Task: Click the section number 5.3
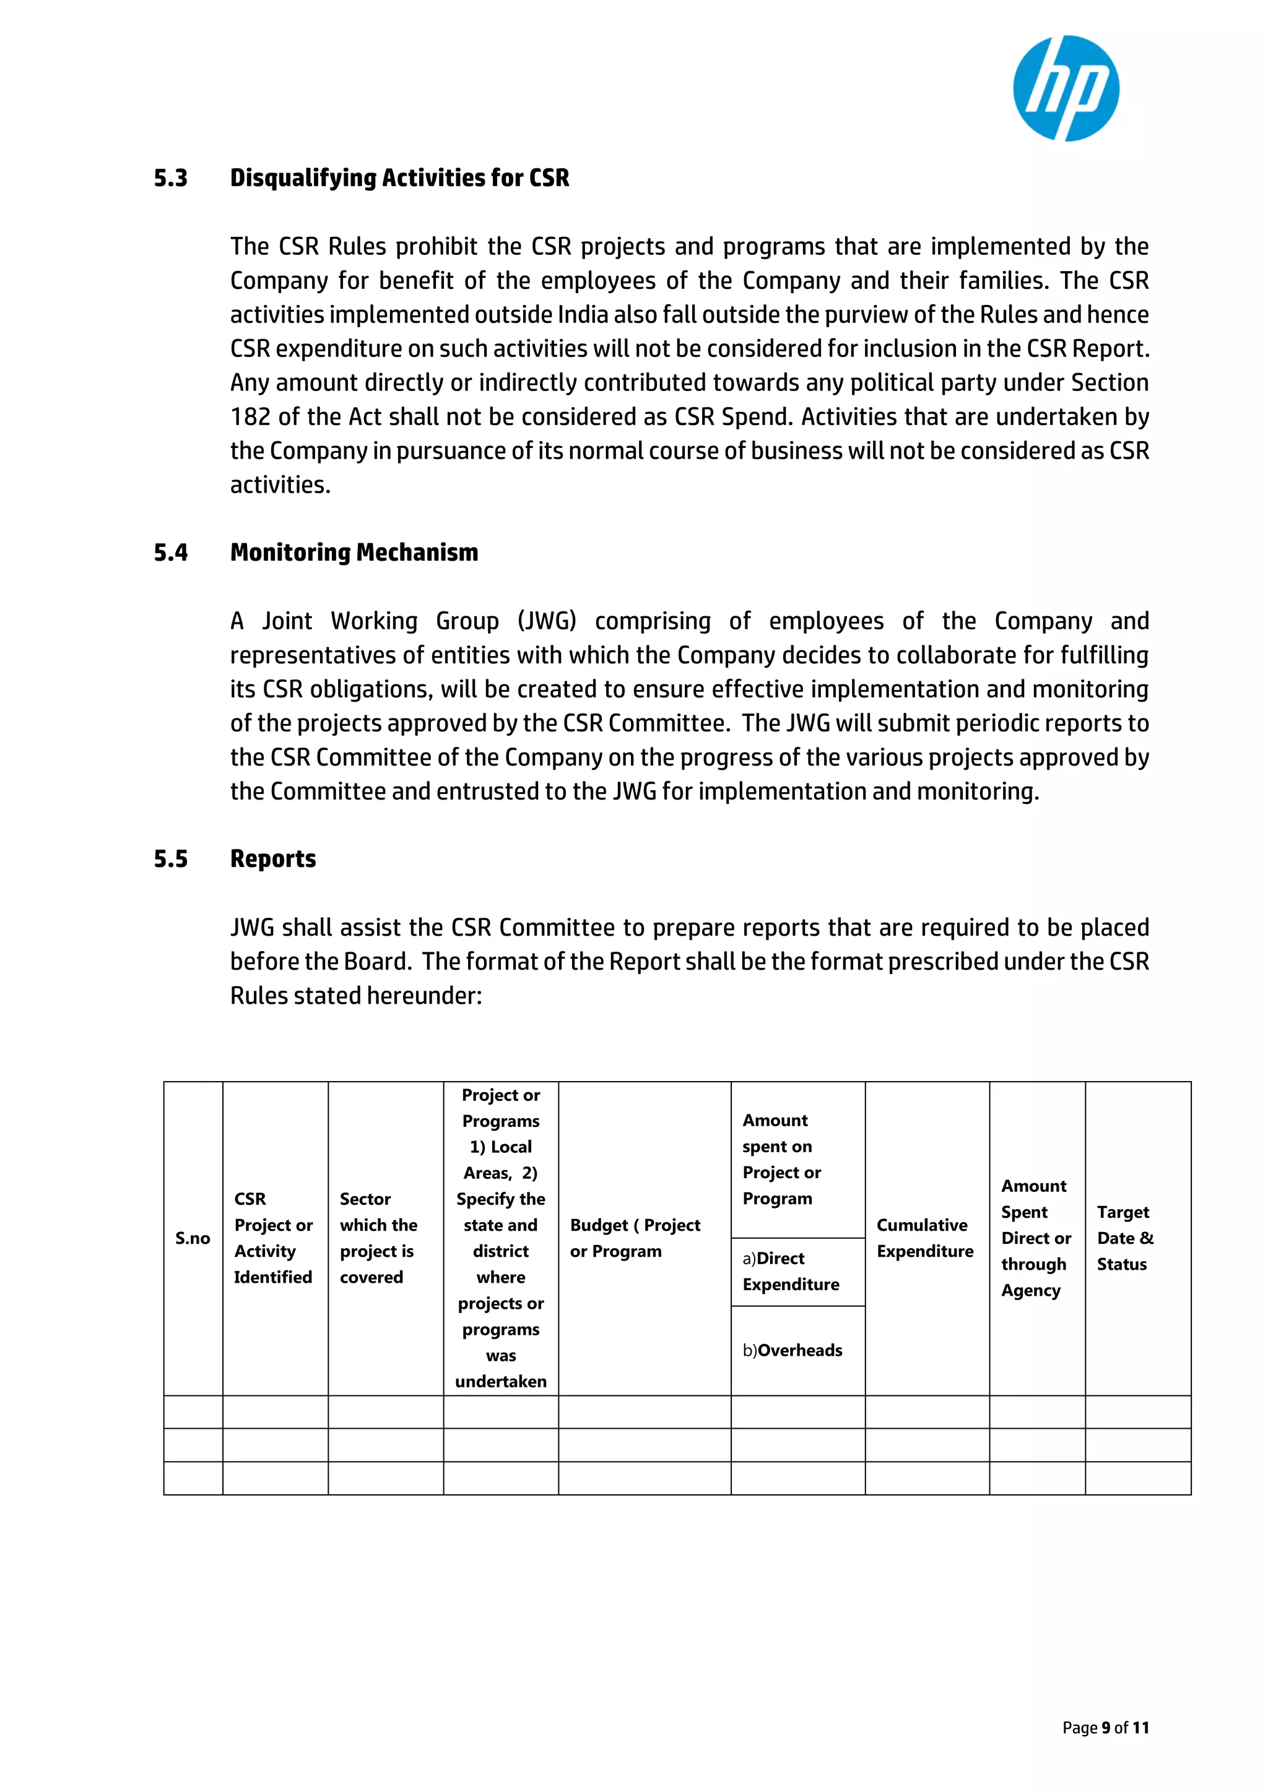(170, 178)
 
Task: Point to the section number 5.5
(170, 859)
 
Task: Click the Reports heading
(272, 859)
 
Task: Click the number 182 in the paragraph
(249, 417)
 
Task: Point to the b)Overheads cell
(792, 1350)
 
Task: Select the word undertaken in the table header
(500, 1382)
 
